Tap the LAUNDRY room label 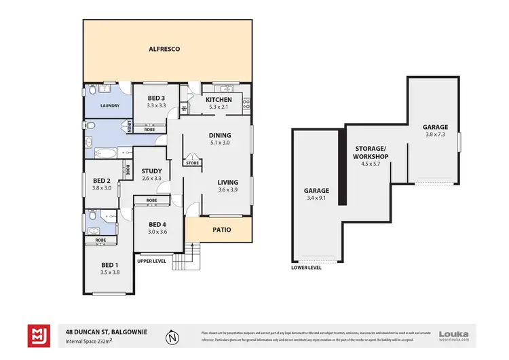pyautogui.click(x=111, y=106)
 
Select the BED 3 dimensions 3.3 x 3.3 pyautogui.click(x=157, y=106)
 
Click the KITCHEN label pyautogui.click(x=219, y=100)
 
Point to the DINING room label pyautogui.click(x=221, y=135)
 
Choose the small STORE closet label pyautogui.click(x=193, y=163)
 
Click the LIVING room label pyautogui.click(x=227, y=182)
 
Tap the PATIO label pyautogui.click(x=221, y=230)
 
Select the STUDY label pyautogui.click(x=151, y=170)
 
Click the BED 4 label pyautogui.click(x=157, y=224)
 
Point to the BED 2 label pyautogui.click(x=101, y=180)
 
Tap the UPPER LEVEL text pyautogui.click(x=151, y=261)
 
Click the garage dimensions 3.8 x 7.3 pyautogui.click(x=434, y=134)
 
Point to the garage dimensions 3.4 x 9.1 pyautogui.click(x=317, y=199)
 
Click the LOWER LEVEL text pyautogui.click(x=307, y=268)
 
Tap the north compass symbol pyautogui.click(x=174, y=336)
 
